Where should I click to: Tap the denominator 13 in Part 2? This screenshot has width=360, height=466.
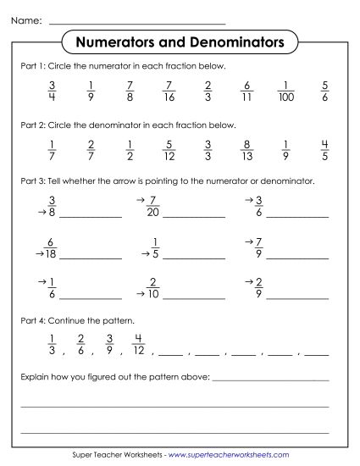tap(247, 157)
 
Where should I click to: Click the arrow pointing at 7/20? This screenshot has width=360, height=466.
tap(141, 201)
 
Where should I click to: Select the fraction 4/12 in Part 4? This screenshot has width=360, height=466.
tap(139, 344)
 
